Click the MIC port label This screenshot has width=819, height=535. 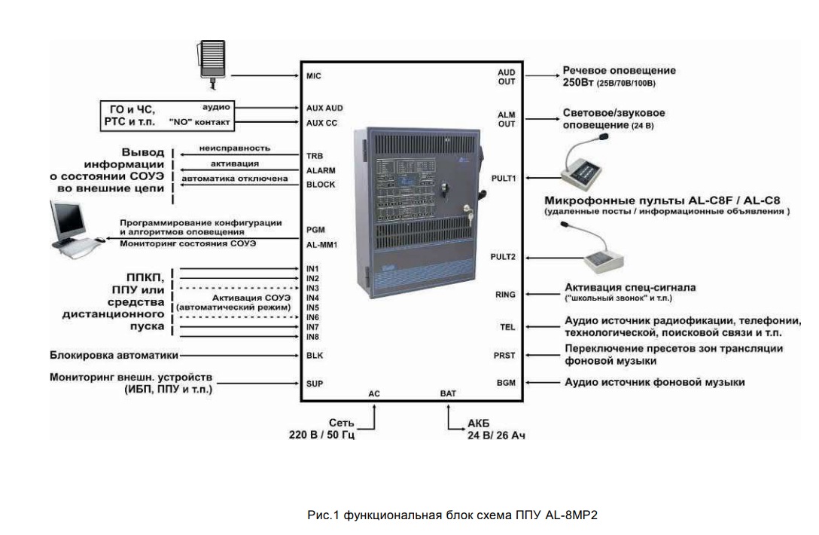tap(314, 76)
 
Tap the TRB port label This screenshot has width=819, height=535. tap(314, 156)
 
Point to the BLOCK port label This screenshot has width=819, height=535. tap(321, 185)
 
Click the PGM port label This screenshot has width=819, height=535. tap(315, 229)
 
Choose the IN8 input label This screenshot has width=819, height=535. tap(313, 337)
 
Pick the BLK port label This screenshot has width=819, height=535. tap(314, 355)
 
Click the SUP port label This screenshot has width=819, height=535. tap(314, 383)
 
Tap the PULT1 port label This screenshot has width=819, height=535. tap(502, 179)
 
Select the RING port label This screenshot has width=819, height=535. tap(505, 295)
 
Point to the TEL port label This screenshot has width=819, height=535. tap(507, 327)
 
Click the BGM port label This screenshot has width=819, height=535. tap(506, 383)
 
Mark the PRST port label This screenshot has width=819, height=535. tap(505, 354)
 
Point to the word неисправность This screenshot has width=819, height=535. tap(234, 148)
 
